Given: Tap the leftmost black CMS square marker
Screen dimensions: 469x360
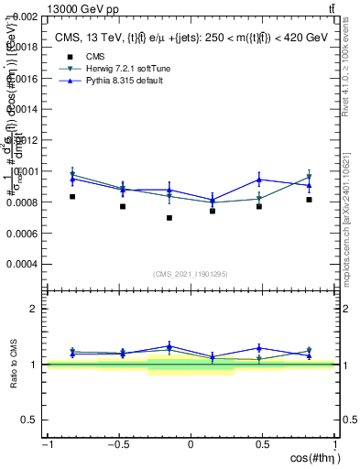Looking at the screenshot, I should pos(72,197).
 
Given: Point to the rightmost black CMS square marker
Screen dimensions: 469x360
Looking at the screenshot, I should pos(310,200).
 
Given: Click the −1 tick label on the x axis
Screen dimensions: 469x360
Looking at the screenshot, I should pos(47,444).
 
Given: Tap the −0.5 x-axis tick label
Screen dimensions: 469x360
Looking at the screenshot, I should pos(117,444).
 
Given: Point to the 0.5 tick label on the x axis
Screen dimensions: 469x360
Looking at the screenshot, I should pos(263,444).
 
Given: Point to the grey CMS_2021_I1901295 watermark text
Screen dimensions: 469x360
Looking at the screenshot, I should pos(191,275).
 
